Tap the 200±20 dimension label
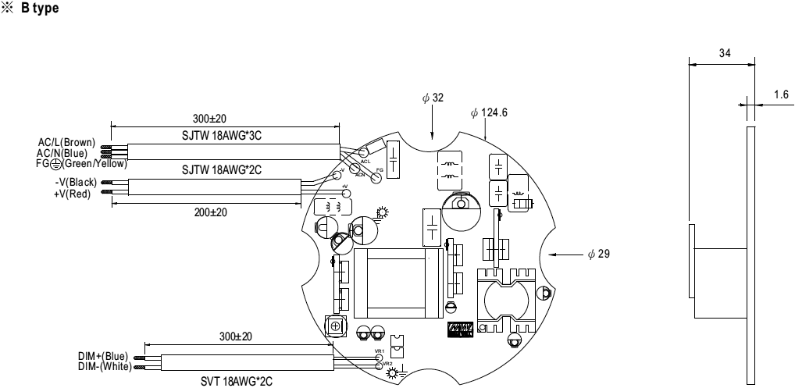click(x=211, y=212)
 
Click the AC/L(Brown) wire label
click(x=66, y=142)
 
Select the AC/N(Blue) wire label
click(x=66, y=152)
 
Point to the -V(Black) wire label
click(x=70, y=182)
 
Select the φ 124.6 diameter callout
click(x=490, y=112)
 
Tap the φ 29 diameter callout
click(x=599, y=255)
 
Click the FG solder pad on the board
click(x=376, y=177)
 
